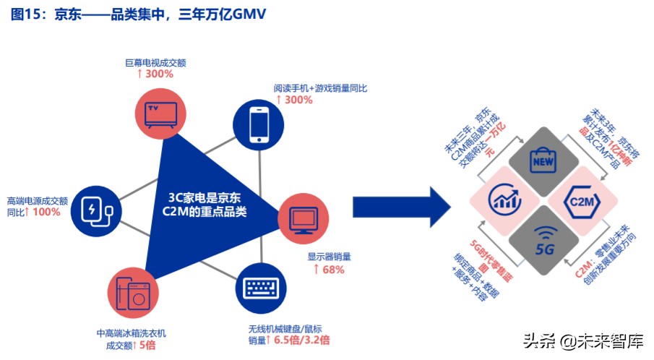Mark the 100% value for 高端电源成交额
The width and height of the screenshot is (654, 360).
[47, 213]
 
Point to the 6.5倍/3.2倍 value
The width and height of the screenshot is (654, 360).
[303, 340]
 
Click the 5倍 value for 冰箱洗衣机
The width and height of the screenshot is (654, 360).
[146, 345]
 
